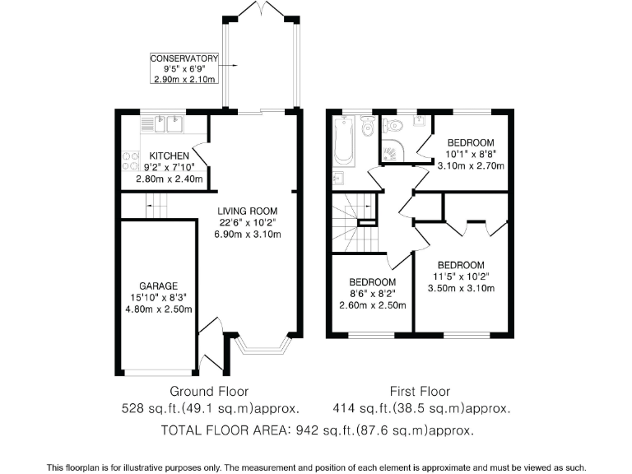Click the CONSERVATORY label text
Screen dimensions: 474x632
tap(184, 58)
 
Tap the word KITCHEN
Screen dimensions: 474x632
tap(170, 156)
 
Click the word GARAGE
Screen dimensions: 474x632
tap(158, 286)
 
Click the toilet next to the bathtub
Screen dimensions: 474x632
tap(367, 124)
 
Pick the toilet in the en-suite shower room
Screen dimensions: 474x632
tap(394, 126)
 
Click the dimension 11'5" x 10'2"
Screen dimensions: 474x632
tap(460, 276)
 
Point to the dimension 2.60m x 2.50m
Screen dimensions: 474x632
tap(373, 304)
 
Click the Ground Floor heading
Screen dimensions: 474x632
tap(209, 392)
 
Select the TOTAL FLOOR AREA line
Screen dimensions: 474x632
tap(318, 430)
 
